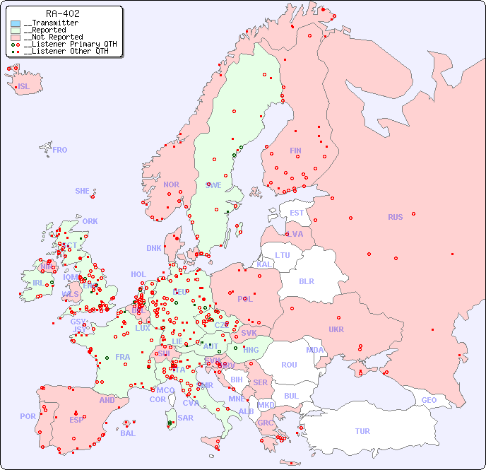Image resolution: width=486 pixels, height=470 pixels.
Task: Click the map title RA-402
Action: pos(62,13)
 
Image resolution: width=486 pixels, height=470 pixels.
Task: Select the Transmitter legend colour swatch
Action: pos(16,23)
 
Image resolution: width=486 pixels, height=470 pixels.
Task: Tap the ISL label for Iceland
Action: pos(24,87)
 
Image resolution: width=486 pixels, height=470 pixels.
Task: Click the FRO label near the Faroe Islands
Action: pos(60,150)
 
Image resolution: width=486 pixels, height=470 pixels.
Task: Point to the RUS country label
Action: pos(395,217)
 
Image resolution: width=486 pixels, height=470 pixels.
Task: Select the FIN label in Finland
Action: pos(295,151)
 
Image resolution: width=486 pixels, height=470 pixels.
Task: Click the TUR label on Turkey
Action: pos(362,431)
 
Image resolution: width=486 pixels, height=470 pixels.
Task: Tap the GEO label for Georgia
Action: pos(429,400)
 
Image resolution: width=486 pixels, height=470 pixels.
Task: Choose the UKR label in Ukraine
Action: pos(336,329)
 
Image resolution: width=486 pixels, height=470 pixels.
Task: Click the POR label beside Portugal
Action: pos(28,416)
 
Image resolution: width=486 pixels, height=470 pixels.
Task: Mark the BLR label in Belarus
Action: pos(307,281)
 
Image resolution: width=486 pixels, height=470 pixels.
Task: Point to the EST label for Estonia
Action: pos(297,213)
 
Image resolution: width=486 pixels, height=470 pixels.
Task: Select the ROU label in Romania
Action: pos(289,365)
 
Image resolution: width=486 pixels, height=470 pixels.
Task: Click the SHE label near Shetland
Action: pos(83,191)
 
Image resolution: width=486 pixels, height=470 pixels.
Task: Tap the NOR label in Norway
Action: pos(171,184)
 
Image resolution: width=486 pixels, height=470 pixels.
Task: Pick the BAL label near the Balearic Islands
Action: pos(128,433)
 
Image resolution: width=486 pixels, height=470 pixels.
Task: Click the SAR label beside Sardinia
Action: pos(186,418)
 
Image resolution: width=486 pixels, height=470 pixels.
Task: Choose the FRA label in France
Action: pos(123,357)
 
